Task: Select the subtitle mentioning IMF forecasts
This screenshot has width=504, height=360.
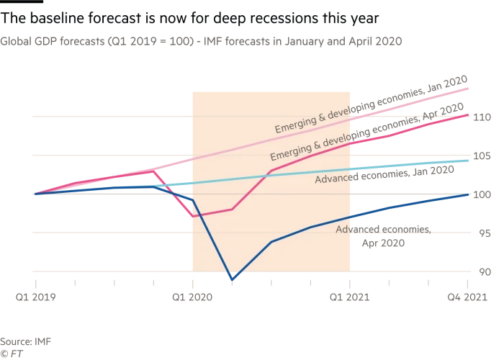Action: click(201, 41)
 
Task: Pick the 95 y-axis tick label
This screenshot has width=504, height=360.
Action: click(482, 233)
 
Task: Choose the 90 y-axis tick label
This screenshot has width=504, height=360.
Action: click(482, 272)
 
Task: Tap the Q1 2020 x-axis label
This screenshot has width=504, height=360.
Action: click(193, 296)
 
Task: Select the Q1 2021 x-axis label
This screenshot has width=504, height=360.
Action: click(350, 296)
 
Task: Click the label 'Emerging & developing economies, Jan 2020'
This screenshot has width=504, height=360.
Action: click(371, 104)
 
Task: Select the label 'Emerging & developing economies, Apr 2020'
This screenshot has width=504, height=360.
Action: click(366, 132)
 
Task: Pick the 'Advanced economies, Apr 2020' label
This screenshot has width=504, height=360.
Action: click(383, 235)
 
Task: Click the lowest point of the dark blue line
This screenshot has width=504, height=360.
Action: click(232, 279)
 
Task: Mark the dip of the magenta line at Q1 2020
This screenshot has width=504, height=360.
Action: click(192, 216)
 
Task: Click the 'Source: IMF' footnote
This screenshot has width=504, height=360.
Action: click(25, 341)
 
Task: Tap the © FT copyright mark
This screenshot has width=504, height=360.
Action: click(10, 353)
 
